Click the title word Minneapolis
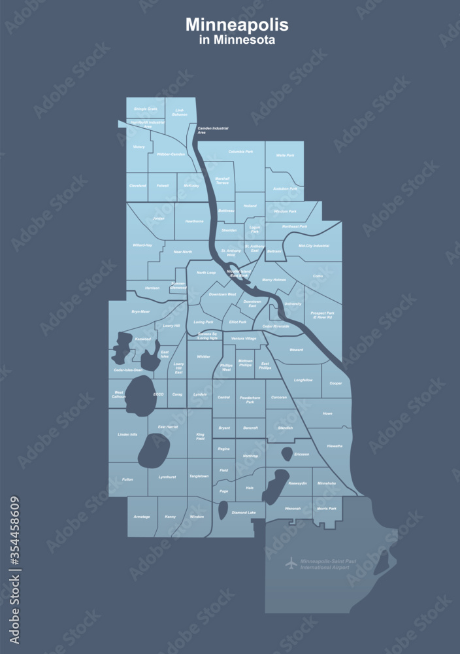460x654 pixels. click(237, 25)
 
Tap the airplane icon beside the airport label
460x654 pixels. click(291, 563)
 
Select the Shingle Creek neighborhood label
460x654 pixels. click(145, 109)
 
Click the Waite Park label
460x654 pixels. click(285, 155)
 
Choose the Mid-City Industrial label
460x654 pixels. click(314, 246)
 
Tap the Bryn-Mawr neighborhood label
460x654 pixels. click(140, 311)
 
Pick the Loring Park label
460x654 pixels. click(204, 322)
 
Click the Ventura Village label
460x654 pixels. click(244, 338)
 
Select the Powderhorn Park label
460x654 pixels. click(250, 400)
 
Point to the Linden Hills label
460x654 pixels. click(127, 434)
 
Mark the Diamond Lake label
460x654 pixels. click(244, 513)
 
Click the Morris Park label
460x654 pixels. click(327, 508)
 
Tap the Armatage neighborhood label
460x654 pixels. click(142, 517)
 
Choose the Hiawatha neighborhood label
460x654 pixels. click(335, 445)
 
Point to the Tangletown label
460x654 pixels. click(199, 476)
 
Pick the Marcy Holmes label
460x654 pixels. click(274, 279)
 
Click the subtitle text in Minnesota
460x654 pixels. click(237, 40)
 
